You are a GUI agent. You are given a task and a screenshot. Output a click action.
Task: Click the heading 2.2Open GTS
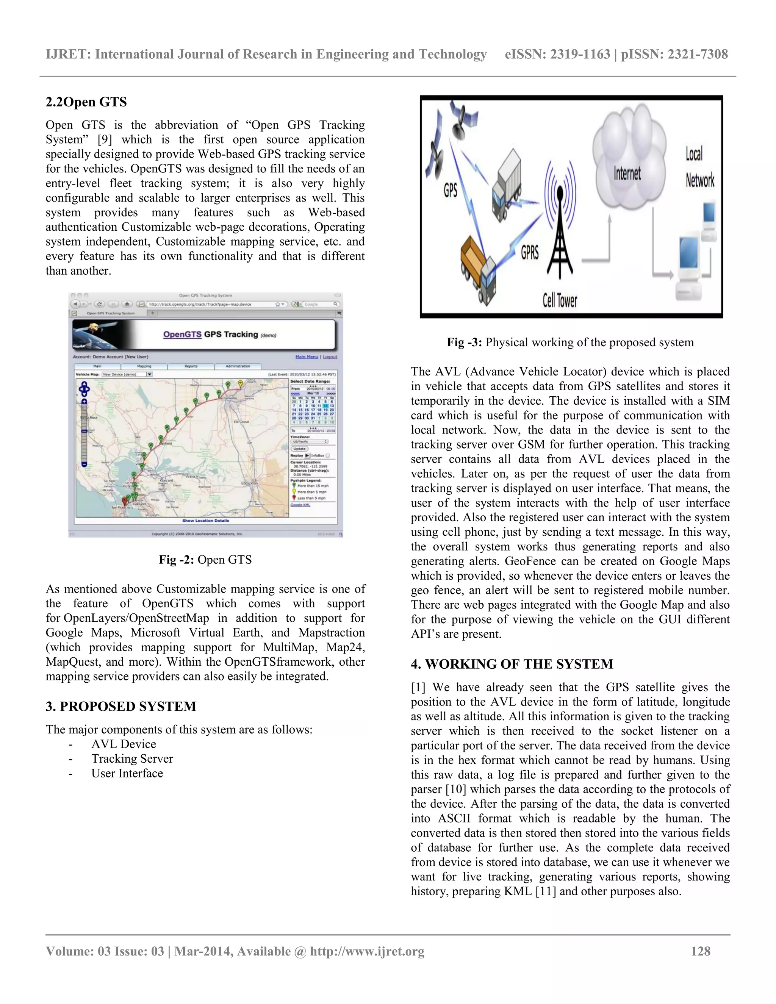point(86,102)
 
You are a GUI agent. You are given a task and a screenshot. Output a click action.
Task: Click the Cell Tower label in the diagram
point(560,301)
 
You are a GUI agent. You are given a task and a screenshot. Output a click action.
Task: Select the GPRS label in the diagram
point(530,252)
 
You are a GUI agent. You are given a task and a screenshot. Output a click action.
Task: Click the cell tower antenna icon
point(560,225)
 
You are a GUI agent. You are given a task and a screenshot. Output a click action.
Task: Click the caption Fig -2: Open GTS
point(205,560)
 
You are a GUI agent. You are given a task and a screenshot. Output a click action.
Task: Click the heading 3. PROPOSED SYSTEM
point(121,706)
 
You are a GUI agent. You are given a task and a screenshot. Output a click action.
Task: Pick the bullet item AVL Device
point(124,744)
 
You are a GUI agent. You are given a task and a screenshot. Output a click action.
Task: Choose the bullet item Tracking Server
point(132,758)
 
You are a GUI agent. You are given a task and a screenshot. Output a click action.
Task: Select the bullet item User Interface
point(127,773)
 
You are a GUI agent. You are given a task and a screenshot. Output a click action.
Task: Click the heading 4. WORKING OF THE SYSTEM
point(512,664)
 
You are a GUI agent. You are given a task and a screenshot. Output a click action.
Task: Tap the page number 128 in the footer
point(701,951)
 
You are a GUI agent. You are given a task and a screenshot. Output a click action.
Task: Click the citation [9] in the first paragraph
point(104,140)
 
